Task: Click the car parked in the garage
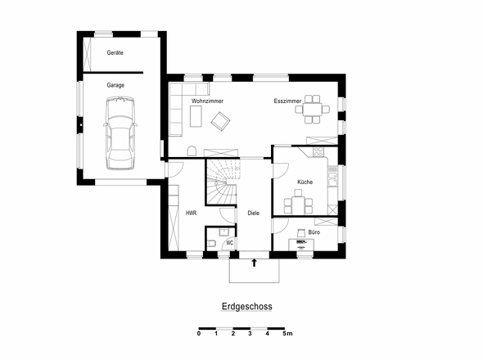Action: point(120,133)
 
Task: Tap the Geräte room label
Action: point(115,52)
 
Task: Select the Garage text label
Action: point(115,85)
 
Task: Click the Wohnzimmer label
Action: point(207,101)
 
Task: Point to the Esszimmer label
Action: point(287,101)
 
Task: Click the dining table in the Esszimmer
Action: point(313,110)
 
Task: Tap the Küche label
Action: point(305,182)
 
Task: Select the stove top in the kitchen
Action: point(318,151)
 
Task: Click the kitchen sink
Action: point(332,179)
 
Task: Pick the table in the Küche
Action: point(298,205)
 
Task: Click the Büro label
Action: point(314,232)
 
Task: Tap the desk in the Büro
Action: point(301,245)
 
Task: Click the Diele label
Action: point(254,213)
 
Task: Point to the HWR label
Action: point(191,213)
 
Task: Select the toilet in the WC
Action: point(211,243)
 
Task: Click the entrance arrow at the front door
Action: point(254,263)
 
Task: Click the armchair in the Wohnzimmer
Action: point(220,121)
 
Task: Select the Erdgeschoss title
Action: point(247,307)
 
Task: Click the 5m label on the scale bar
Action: point(287,334)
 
